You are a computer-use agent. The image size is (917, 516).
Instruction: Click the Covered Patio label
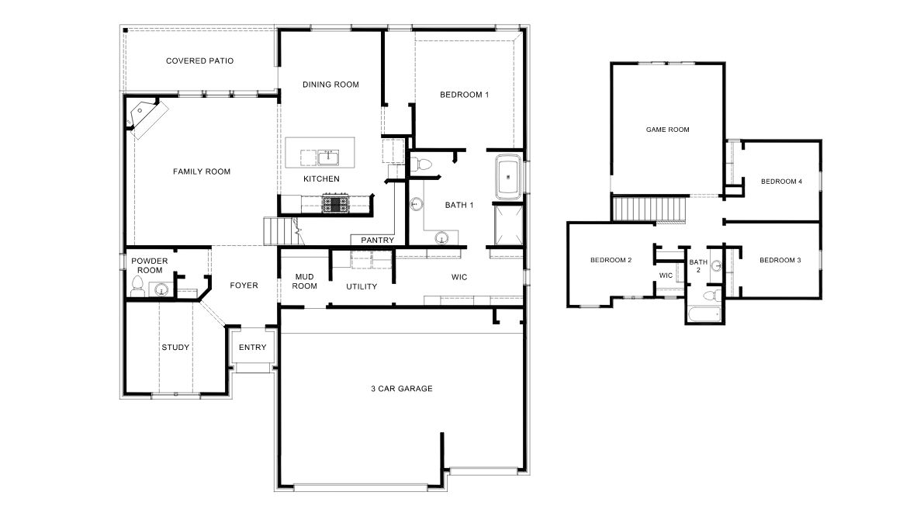pos(199,61)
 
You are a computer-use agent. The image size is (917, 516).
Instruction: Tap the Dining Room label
pos(330,85)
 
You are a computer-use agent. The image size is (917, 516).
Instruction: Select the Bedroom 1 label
pos(464,95)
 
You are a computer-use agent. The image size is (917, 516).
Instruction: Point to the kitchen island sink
pos(329,158)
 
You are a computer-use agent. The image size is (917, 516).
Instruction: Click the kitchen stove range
pos(337,204)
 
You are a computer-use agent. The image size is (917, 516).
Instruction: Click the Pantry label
pos(378,241)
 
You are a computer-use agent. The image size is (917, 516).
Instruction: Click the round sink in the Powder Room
pos(161,291)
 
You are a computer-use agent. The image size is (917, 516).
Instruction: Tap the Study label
pos(175,347)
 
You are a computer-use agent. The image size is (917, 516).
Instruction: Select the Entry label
pos(252,347)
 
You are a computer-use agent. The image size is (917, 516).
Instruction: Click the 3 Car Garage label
pos(401,388)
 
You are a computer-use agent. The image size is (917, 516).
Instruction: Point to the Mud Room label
pos(304,281)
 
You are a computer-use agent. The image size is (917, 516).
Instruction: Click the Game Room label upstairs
pos(667,130)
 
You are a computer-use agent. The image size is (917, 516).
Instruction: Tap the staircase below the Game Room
pos(650,208)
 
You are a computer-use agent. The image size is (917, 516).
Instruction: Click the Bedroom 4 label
pos(780,182)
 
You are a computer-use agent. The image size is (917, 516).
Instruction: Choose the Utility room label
pos(362,286)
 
